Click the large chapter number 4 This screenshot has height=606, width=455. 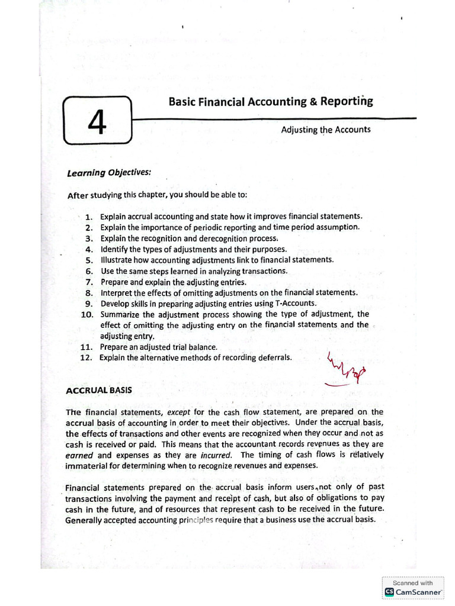pyautogui.click(x=96, y=121)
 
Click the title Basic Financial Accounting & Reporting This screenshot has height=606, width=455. pyautogui.click(x=271, y=101)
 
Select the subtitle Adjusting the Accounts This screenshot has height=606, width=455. pyautogui.click(x=326, y=130)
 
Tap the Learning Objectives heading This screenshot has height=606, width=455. pyautogui.click(x=101, y=173)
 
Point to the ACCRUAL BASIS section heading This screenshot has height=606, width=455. pyautogui.click(x=99, y=390)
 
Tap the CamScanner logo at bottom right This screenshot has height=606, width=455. pyautogui.click(x=413, y=592)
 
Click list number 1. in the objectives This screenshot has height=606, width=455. pyautogui.click(x=89, y=217)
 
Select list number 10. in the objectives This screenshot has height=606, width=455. pyautogui.click(x=87, y=315)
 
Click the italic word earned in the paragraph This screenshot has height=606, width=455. pyautogui.click(x=79, y=455)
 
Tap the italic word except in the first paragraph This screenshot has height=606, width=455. pyautogui.click(x=179, y=412)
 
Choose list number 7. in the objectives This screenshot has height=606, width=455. pyautogui.click(x=89, y=282)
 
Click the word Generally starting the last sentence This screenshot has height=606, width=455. pyautogui.click(x=85, y=520)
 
